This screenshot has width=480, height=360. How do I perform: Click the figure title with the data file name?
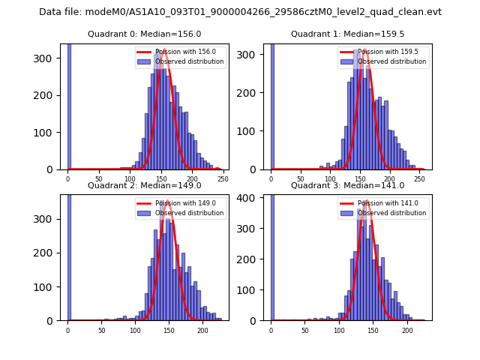(240, 12)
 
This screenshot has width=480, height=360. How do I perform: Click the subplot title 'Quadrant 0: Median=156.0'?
(144, 34)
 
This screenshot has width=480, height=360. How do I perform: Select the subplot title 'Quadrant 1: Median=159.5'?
(347, 34)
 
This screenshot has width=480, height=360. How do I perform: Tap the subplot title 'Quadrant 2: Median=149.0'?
(144, 185)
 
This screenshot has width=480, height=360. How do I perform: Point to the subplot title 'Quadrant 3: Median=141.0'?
(347, 185)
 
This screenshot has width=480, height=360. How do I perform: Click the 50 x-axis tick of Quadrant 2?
(101, 330)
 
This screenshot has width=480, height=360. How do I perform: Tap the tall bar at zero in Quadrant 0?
(69, 105)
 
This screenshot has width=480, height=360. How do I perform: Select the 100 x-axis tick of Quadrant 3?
(339, 330)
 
